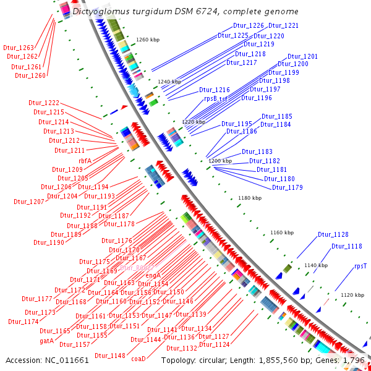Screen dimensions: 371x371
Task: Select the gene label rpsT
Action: pos(360,266)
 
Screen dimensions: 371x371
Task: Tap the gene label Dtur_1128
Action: pos(333,235)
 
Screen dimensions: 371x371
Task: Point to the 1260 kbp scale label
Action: pos(148,40)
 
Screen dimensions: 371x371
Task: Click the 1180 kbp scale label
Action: pos(250,198)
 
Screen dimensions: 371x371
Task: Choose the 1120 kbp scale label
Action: pos(352,296)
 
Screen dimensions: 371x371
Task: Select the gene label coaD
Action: pos(139,358)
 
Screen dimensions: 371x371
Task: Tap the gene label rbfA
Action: pos(85,160)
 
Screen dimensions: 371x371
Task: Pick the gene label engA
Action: pos(153,275)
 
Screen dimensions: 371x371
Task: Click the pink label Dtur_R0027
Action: pos(137,268)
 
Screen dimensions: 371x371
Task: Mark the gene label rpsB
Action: pos(211,99)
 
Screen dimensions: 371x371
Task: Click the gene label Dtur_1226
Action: pos(249,26)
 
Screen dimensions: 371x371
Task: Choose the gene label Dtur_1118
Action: pos(346,247)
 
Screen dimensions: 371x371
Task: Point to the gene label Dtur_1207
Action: pos(28,202)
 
